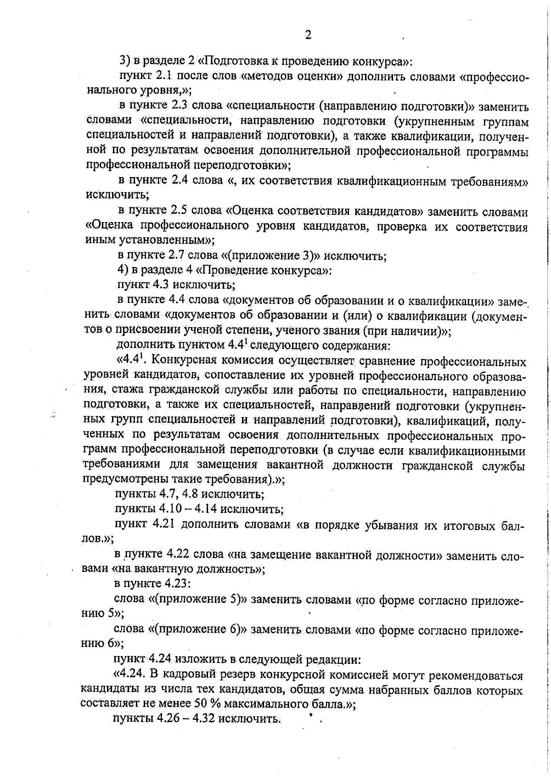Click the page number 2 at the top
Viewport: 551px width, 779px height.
pyautogui.click(x=308, y=35)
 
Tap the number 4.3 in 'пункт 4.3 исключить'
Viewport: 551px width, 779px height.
pyautogui.click(x=161, y=285)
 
